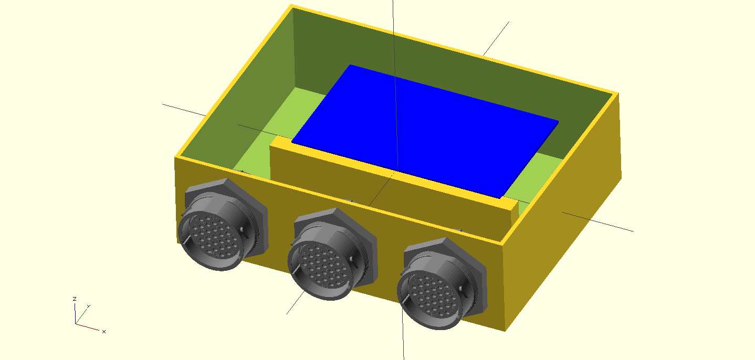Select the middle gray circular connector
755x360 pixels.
click(x=332, y=254)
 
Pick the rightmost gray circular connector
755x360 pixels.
click(x=442, y=284)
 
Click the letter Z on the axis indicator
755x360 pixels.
click(x=75, y=299)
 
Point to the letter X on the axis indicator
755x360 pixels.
click(x=104, y=332)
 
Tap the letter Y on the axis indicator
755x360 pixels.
click(x=89, y=306)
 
